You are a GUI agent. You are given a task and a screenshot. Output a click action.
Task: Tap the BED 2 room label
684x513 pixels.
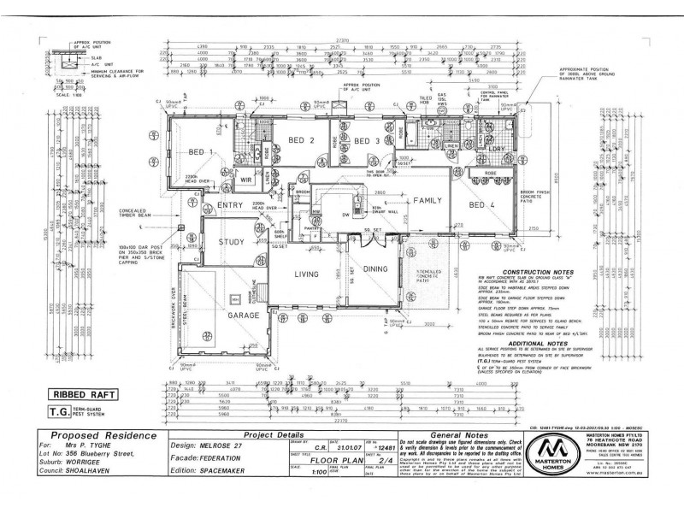click(301, 140)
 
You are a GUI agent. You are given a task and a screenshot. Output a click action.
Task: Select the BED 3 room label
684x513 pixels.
click(366, 140)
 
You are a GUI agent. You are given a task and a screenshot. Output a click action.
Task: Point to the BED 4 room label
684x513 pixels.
click(483, 205)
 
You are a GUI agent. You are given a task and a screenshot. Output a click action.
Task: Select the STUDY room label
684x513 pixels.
click(232, 242)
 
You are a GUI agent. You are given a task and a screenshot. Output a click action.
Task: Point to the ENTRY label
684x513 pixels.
click(230, 205)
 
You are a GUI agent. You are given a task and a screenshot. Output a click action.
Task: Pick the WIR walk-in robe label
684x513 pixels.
click(246, 180)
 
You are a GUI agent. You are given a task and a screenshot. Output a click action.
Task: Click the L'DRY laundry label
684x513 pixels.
click(497, 149)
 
